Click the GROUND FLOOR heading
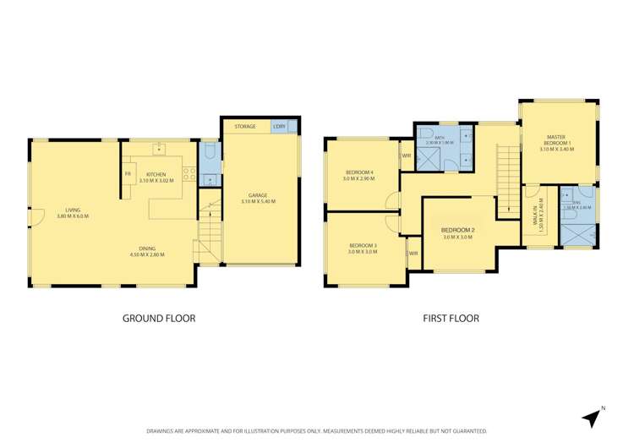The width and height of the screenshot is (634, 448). tap(160, 319)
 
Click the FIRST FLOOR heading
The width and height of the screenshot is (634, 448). tap(451, 319)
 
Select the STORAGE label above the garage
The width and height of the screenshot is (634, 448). tap(245, 127)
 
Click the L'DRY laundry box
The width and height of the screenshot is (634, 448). tap(279, 127)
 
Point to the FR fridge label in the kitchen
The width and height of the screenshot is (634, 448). tap(128, 174)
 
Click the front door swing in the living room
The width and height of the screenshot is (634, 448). tap(36, 217)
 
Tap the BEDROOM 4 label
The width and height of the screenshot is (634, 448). tap(358, 173)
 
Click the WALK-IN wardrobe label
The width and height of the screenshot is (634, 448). tap(535, 219)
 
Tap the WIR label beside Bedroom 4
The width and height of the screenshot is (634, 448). tap(407, 156)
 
